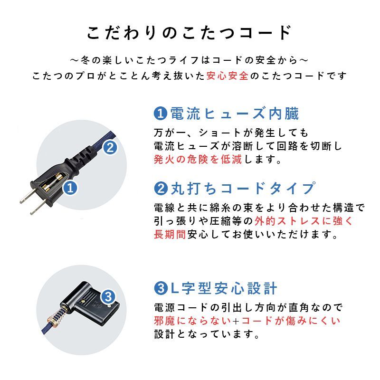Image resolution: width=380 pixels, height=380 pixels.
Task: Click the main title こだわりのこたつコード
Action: [x=190, y=33]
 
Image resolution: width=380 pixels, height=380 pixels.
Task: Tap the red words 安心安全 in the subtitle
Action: [x=228, y=76]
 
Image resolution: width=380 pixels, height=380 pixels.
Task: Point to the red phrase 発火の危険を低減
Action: [x=198, y=160]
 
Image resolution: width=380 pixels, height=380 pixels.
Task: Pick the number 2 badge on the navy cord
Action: [x=109, y=148]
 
